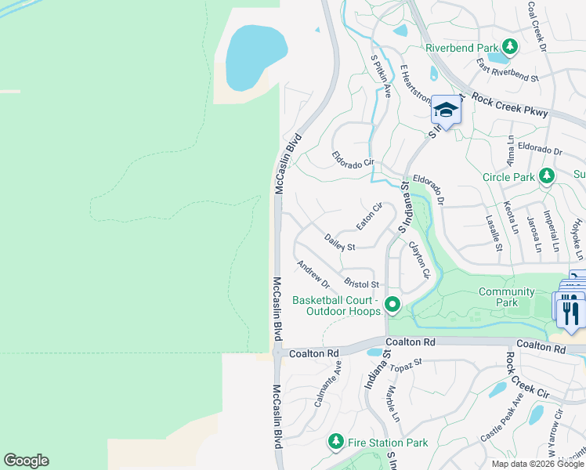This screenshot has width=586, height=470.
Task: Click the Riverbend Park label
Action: (461, 48)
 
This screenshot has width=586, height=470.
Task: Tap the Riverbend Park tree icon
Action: (509, 47)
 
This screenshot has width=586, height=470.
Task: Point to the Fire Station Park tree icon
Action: (336, 443)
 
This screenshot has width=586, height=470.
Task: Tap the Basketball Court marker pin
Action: (392, 304)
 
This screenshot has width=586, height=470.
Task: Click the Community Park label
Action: (507, 297)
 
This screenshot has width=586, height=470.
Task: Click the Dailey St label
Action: (340, 241)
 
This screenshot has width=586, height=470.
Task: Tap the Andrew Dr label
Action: (313, 274)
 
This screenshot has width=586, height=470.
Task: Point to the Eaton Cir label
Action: (368, 216)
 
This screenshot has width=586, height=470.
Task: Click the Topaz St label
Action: (407, 363)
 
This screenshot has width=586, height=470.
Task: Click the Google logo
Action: (26, 461)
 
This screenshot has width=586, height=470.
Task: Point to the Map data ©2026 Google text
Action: (537, 464)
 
